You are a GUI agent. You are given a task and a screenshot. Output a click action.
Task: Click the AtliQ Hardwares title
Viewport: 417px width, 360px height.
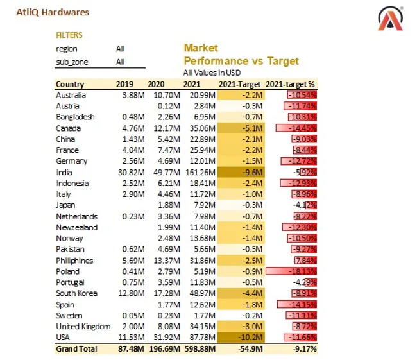coord(53,12)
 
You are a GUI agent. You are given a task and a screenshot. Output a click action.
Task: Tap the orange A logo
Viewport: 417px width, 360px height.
coord(390,19)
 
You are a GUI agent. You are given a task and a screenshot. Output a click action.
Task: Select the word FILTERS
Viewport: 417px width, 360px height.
coord(69,35)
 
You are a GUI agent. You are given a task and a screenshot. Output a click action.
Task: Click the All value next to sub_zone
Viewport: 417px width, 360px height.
coord(120,62)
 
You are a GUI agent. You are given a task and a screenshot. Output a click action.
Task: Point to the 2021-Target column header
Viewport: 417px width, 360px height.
coord(239,84)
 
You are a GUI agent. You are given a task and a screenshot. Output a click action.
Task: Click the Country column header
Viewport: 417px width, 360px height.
coord(70,84)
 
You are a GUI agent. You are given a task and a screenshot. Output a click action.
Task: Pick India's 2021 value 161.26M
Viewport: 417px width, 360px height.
coord(200,173)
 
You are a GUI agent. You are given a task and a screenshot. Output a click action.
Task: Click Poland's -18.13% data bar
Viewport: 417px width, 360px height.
coord(291,271)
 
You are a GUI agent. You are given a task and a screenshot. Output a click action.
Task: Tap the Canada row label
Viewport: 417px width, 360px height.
coord(69,128)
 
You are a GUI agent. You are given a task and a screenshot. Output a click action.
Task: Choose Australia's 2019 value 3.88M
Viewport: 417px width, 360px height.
coord(133,95)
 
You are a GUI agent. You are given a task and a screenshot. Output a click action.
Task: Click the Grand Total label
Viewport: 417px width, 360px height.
coord(76,349)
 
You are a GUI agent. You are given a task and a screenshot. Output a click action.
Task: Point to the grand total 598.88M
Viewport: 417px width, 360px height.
coord(200,349)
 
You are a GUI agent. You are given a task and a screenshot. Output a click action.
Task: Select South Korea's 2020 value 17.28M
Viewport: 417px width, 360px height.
coord(167,293)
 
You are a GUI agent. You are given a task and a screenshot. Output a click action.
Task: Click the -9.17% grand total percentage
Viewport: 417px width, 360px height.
coord(305,349)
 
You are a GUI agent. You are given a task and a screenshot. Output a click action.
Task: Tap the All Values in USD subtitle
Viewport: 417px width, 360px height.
coord(212,73)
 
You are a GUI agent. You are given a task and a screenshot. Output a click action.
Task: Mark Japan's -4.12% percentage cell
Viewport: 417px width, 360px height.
coord(305,205)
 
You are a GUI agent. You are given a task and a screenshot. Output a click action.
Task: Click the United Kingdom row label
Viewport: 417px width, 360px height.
coord(83,327)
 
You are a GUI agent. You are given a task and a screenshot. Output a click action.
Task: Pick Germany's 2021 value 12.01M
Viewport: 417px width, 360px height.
coord(202,161)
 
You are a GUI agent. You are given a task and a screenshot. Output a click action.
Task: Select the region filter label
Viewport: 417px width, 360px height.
coord(67,49)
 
